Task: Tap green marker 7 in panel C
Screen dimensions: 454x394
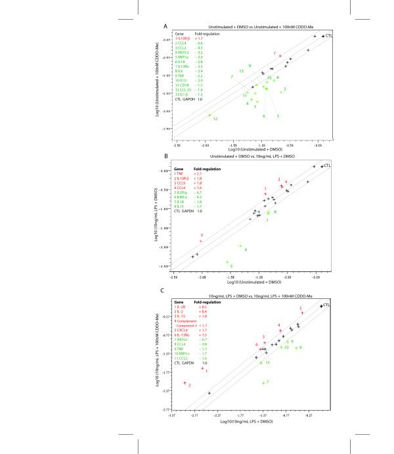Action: tap(263, 382)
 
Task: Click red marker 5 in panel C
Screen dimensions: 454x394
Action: tap(302, 313)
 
